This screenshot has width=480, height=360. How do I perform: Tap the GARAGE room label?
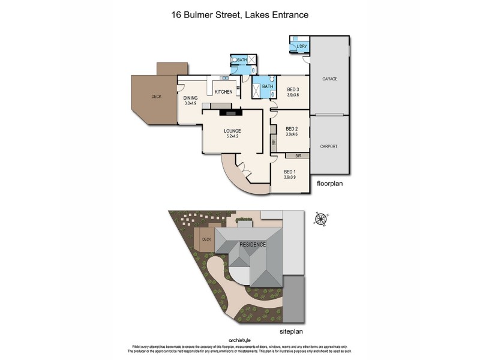click(329, 79)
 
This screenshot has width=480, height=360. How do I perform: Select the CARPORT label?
click(329, 146)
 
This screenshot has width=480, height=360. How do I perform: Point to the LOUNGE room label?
click(232, 131)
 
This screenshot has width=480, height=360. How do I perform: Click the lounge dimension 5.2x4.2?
click(232, 136)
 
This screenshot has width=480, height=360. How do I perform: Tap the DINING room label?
click(191, 98)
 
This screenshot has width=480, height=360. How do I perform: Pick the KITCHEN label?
click(224, 92)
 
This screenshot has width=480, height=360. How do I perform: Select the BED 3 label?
click(293, 90)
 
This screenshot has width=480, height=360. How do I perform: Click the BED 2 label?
click(292, 128)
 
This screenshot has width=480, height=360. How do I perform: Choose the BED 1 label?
click(291, 172)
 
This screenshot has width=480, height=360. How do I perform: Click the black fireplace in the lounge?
click(230, 111)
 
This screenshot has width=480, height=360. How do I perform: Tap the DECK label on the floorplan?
click(156, 96)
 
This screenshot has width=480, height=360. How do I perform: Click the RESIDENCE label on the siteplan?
click(252, 245)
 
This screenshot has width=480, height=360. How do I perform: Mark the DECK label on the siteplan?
click(206, 239)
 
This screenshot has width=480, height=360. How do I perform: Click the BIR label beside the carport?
click(298, 155)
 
